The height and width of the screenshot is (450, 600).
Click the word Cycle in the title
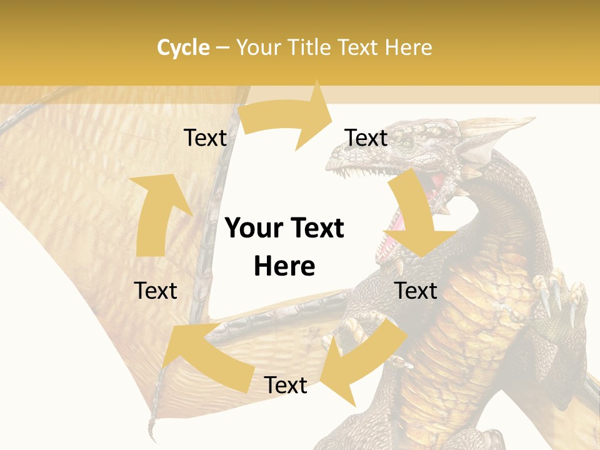[x=183, y=47]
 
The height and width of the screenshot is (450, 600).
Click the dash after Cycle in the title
[x=222, y=47]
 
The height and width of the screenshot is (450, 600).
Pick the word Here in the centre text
[x=284, y=266]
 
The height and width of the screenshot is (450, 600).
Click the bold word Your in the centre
[x=253, y=229]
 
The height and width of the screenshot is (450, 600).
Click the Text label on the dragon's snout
[x=366, y=137]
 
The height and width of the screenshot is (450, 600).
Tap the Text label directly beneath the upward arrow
[x=156, y=291]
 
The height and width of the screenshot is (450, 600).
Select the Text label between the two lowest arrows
[x=286, y=386]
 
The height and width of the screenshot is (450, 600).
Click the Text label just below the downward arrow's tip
[x=416, y=291]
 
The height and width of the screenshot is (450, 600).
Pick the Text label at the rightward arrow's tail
[x=205, y=137]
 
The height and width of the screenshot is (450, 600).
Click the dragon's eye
[x=407, y=143]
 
